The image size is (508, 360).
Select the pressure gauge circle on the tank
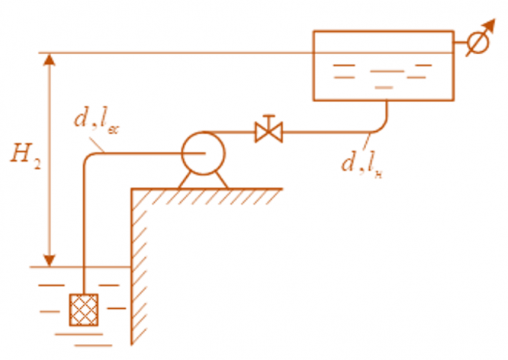point(478,43)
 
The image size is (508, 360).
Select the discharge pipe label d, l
point(362,162)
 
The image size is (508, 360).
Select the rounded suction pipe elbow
point(86,159)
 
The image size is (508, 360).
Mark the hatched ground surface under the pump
point(206,194)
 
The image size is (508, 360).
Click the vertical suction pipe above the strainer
point(82,229)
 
